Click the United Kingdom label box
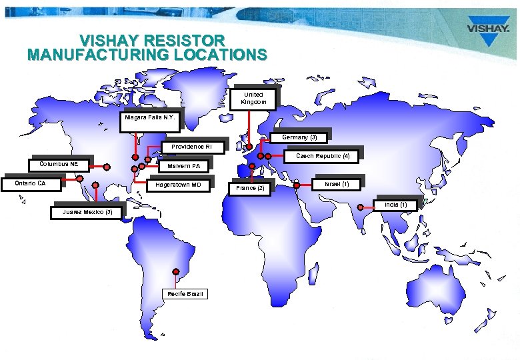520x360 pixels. point(253,99)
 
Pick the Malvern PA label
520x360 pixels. point(183,166)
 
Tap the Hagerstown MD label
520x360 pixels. point(178,184)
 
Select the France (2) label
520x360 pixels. point(251,189)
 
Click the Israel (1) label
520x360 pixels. point(337,183)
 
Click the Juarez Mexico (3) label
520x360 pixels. point(87,212)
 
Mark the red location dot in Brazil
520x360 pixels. point(175,271)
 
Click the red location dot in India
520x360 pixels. point(360,207)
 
